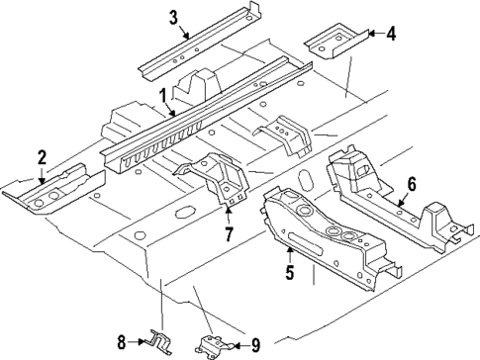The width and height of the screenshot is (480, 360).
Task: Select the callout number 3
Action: (173, 17)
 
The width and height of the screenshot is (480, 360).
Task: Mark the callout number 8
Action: (122, 342)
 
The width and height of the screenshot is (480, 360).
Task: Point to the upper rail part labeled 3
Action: (198, 49)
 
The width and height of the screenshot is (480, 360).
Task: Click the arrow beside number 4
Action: (371, 33)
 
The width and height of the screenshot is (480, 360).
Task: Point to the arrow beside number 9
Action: (238, 345)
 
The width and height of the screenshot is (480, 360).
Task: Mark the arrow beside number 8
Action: (138, 342)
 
